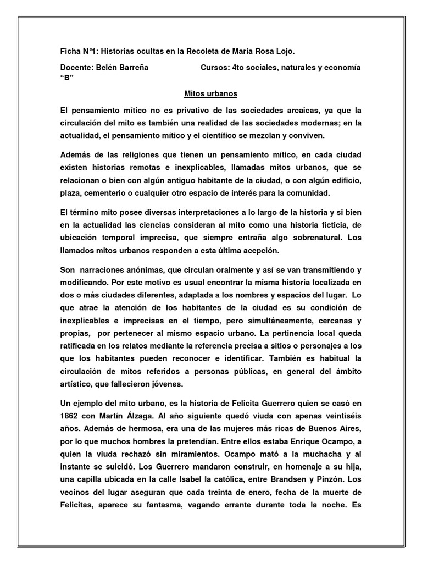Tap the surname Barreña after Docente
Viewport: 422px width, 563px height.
coord(135,67)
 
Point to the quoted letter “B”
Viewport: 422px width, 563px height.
coord(66,77)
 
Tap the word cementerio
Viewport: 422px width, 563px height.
coord(125,192)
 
